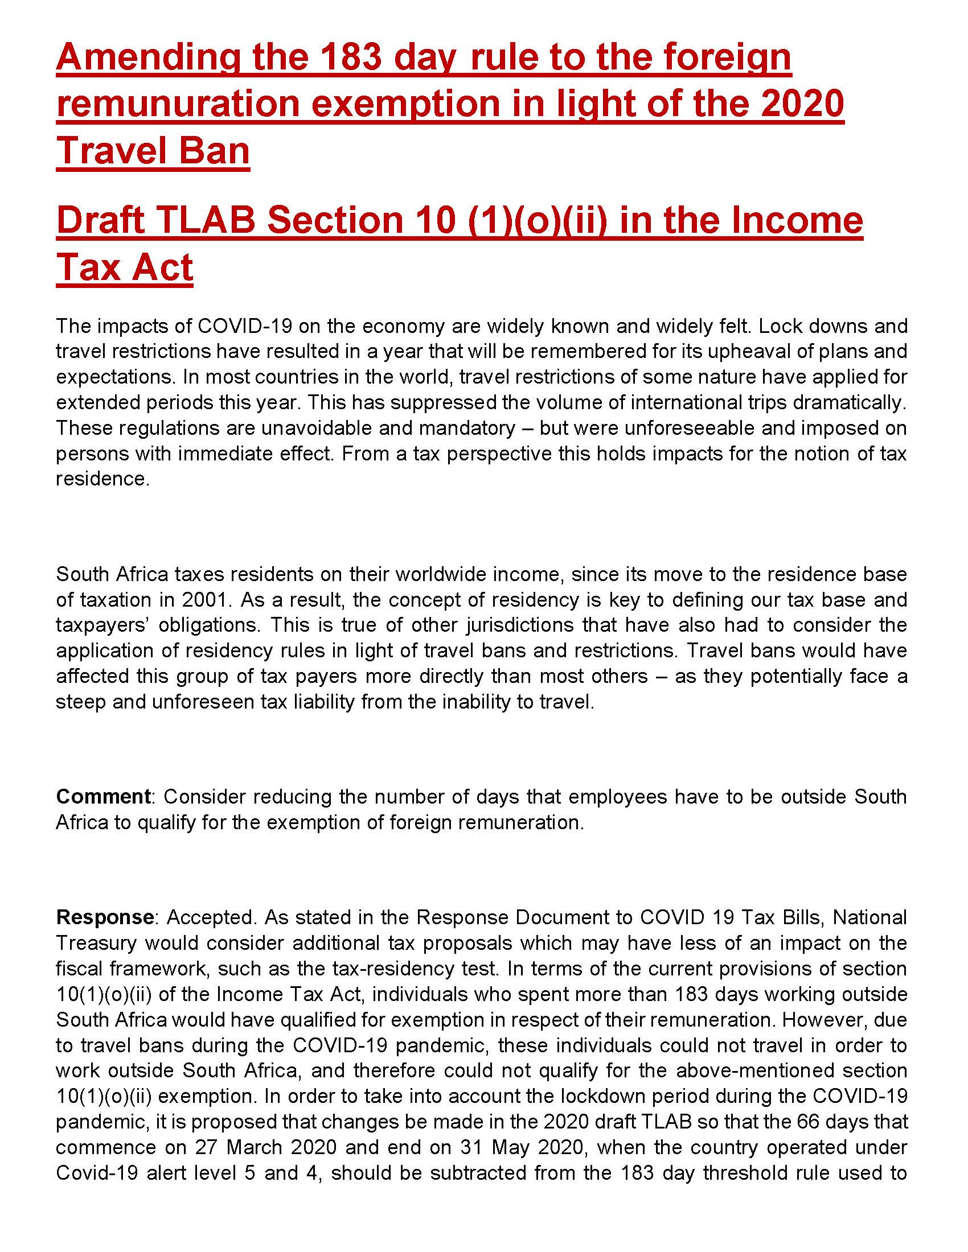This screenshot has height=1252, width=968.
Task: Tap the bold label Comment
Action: coord(103,797)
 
